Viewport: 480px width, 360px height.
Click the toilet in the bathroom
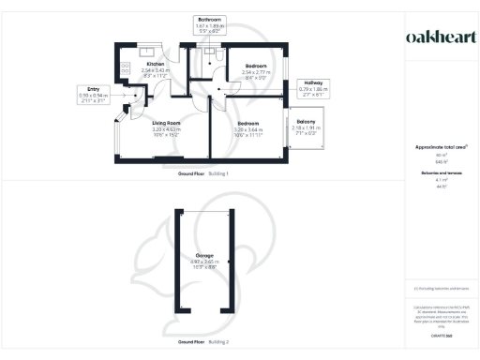(x=217, y=56)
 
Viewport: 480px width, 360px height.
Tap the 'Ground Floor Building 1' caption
(x=203, y=174)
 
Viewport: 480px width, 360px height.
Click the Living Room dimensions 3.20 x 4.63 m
(x=166, y=132)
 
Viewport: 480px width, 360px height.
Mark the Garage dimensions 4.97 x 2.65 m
(x=203, y=263)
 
